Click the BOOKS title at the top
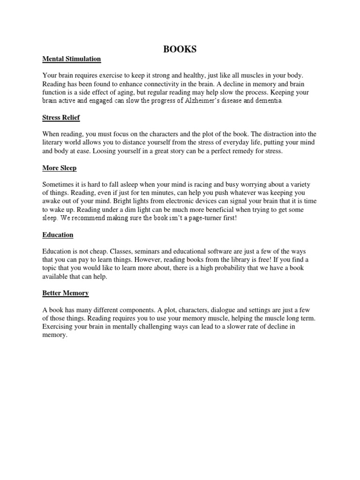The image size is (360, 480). [x=180, y=49]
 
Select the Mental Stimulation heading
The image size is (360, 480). [x=71, y=59]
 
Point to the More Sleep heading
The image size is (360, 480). [x=60, y=167]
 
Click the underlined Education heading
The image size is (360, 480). [x=58, y=234]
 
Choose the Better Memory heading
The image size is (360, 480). [x=65, y=293]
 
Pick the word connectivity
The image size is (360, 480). [x=165, y=83]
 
